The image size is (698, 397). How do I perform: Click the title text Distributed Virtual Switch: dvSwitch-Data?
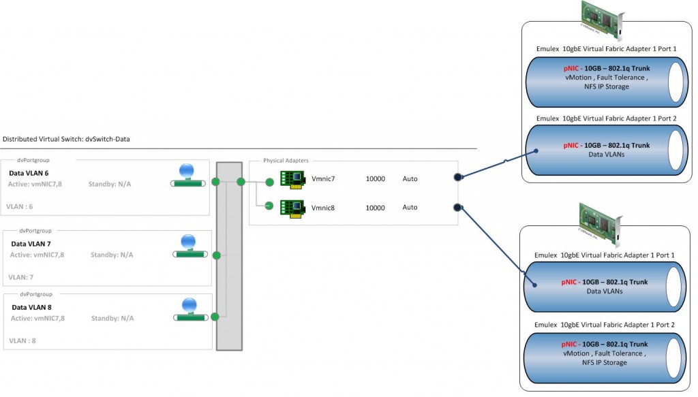click(x=66, y=139)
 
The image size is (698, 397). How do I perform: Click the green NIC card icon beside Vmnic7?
click(x=292, y=179)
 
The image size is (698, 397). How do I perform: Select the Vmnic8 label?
click(x=323, y=208)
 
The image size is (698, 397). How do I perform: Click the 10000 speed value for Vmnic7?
click(x=376, y=179)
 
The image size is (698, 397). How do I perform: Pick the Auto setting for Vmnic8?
click(x=410, y=207)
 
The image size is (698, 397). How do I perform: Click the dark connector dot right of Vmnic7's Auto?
click(x=458, y=178)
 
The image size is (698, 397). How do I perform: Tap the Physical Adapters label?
click(x=286, y=161)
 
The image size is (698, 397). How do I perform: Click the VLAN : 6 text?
click(x=19, y=205)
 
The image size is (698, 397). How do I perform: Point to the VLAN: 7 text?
click(x=20, y=277)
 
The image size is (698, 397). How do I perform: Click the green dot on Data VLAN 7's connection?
click(x=217, y=255)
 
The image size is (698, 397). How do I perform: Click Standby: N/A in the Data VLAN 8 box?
click(x=112, y=318)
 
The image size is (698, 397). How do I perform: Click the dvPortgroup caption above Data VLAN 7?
click(x=35, y=231)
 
